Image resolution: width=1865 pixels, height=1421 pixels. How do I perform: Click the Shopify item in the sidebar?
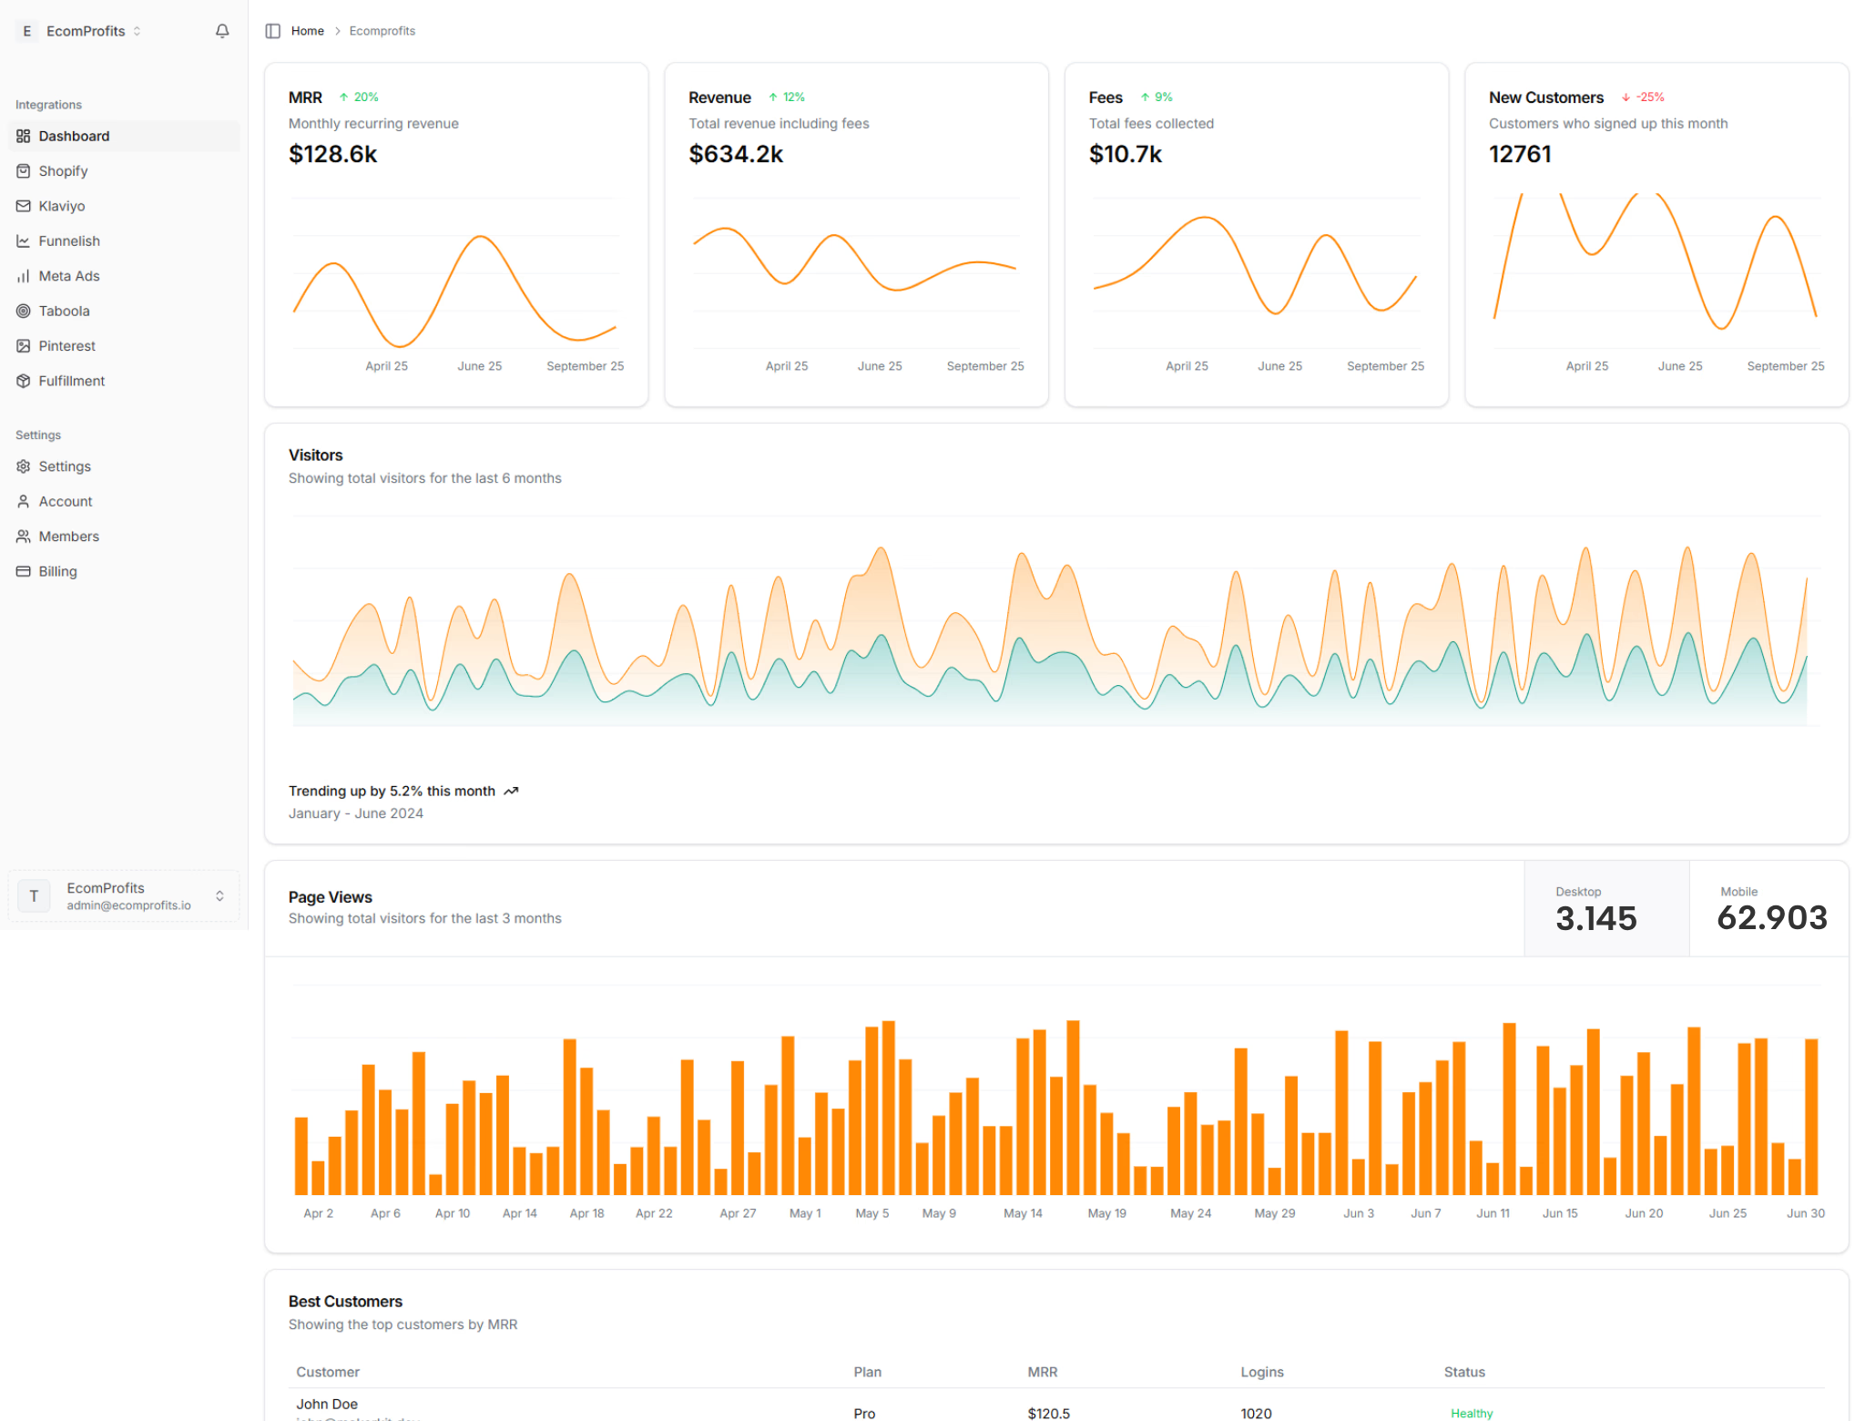click(x=63, y=171)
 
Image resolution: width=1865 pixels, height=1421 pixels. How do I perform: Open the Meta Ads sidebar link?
click(x=68, y=276)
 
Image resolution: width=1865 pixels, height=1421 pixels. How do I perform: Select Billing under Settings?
click(x=57, y=571)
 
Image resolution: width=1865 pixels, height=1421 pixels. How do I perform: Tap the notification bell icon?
click(x=222, y=31)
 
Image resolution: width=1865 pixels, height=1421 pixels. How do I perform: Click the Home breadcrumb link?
click(x=307, y=31)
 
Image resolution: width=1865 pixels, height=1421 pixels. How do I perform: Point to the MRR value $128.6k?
click(x=332, y=154)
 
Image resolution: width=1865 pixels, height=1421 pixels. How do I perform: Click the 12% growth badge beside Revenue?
click(x=788, y=97)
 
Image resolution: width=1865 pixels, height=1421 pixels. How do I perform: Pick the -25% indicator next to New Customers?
click(x=1644, y=97)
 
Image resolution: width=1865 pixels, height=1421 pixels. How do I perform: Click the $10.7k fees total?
click(x=1125, y=154)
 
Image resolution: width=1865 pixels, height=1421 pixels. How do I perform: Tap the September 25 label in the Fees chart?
click(x=1384, y=366)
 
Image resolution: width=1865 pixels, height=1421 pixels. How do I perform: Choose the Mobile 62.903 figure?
click(x=1770, y=908)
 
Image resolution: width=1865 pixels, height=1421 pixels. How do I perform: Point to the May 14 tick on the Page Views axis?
click(x=1022, y=1213)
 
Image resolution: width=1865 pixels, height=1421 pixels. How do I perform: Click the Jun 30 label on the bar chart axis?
click(x=1805, y=1213)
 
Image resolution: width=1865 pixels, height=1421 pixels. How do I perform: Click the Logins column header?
click(x=1261, y=1372)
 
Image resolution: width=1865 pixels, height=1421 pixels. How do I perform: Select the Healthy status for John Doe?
click(x=1471, y=1413)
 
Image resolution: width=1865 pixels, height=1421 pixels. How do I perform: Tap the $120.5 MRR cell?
click(x=1048, y=1413)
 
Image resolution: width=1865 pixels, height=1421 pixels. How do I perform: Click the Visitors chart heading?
click(x=315, y=455)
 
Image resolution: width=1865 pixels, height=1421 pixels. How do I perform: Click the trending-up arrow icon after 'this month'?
click(x=511, y=791)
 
